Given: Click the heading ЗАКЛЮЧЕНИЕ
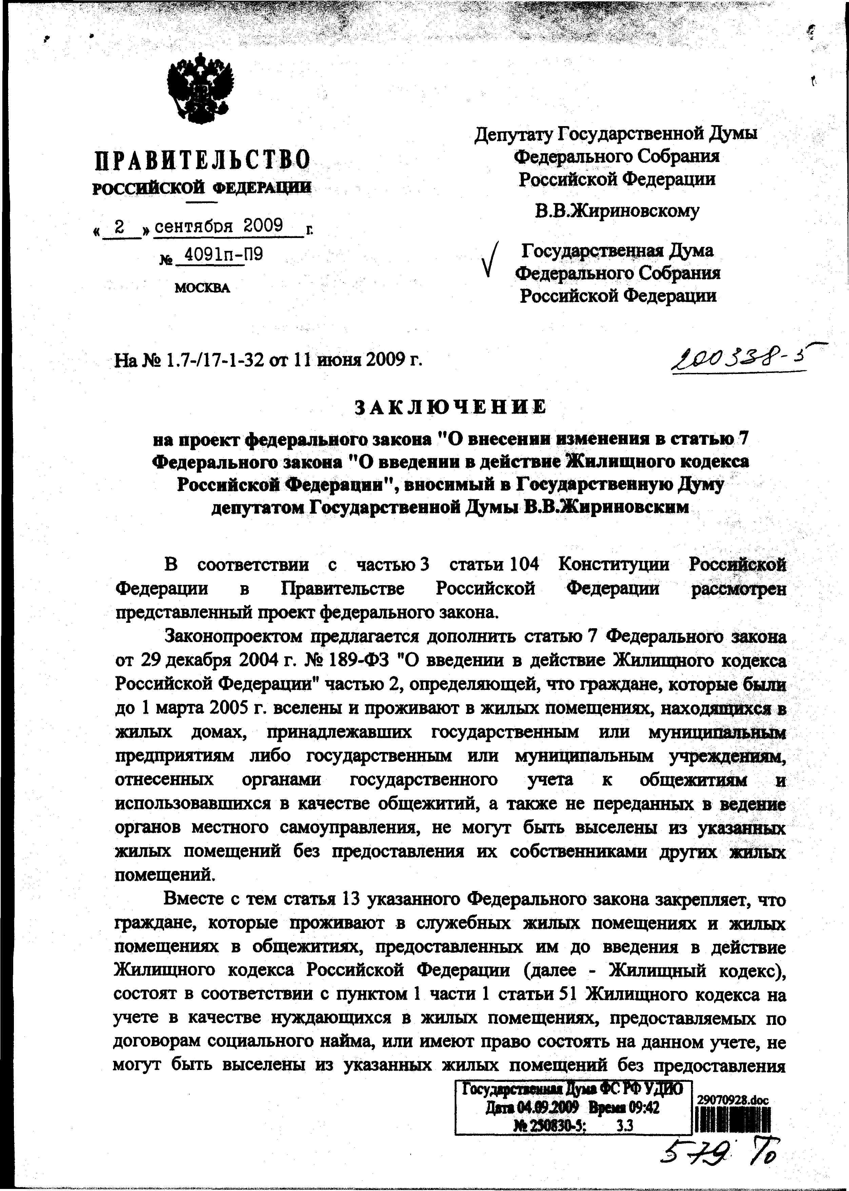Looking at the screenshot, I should coord(451,406).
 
